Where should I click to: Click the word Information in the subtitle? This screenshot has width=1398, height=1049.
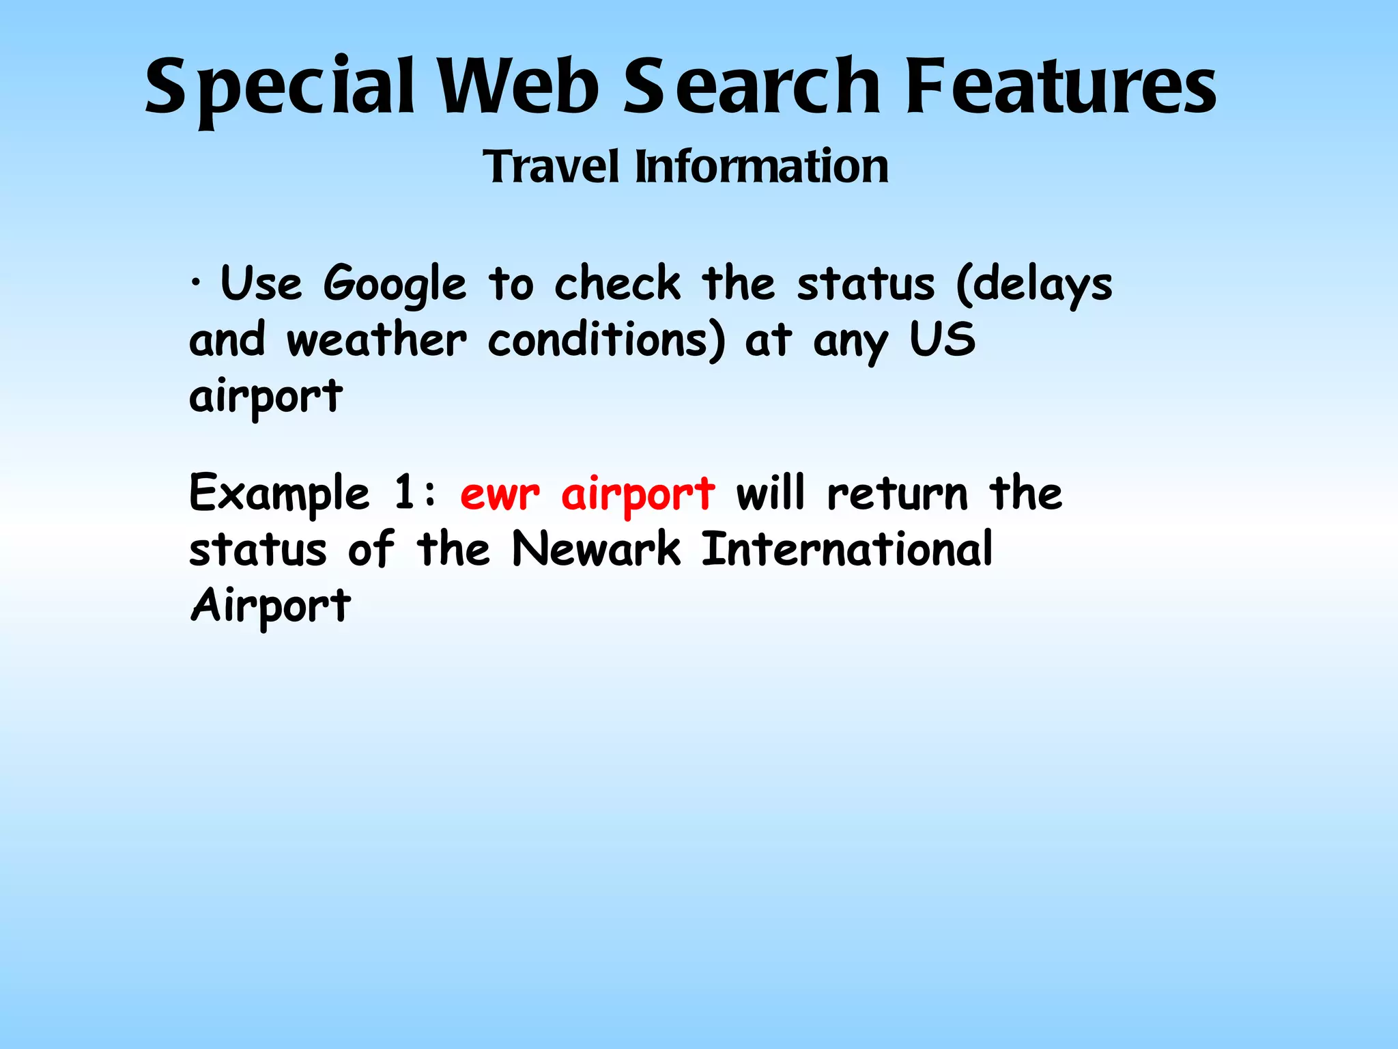(762, 167)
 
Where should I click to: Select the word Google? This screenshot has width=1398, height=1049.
(395, 284)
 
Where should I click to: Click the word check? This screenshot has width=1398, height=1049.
(617, 283)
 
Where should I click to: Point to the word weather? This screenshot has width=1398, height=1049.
(377, 339)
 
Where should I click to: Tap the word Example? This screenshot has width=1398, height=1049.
(279, 494)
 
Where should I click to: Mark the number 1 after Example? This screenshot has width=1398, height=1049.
(404, 492)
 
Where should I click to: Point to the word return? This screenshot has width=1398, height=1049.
(897, 494)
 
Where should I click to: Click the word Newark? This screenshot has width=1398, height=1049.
(596, 549)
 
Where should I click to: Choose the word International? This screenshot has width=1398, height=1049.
(846, 549)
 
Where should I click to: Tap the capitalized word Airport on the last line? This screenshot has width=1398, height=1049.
(270, 606)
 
